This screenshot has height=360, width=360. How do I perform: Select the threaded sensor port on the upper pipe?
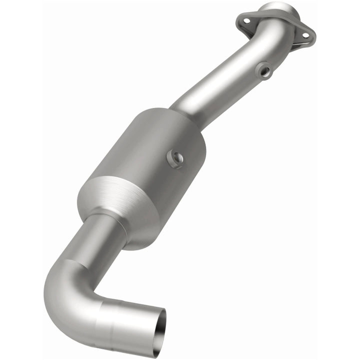coord(264,71)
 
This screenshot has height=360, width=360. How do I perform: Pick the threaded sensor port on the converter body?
coord(176,159)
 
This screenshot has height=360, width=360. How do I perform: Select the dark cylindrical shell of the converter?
coord(155,150)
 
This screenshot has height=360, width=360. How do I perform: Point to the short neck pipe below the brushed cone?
coord(100,235)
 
